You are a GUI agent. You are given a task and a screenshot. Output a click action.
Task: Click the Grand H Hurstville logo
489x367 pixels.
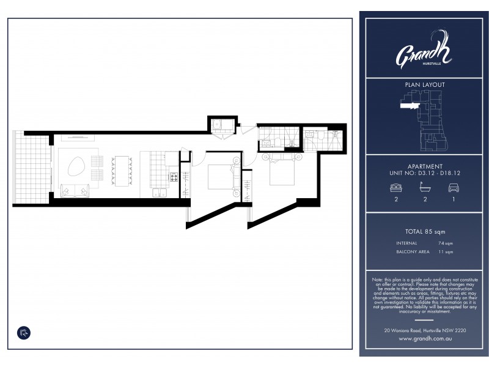tap(424, 51)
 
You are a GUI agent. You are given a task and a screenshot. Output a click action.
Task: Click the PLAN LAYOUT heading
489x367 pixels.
tap(425, 85)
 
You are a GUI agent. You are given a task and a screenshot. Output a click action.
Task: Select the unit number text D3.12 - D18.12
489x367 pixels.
tap(425, 173)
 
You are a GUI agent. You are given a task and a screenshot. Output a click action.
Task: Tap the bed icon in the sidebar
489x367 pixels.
tap(395, 188)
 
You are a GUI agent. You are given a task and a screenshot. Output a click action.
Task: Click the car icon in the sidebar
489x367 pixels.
tap(453, 188)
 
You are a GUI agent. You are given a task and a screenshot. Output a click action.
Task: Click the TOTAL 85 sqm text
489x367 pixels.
tap(425, 232)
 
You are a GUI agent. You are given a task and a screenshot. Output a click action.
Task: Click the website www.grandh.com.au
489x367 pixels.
tap(425, 338)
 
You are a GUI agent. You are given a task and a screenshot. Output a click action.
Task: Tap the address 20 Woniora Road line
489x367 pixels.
tap(425, 330)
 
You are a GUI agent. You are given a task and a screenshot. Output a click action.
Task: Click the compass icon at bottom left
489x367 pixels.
tap(23, 332)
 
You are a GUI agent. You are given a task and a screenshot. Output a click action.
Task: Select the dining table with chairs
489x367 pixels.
tap(122, 169)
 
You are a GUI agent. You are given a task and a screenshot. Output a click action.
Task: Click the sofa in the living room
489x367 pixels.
tap(76, 191)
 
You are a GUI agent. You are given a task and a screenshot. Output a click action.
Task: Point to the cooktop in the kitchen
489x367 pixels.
tap(173, 177)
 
